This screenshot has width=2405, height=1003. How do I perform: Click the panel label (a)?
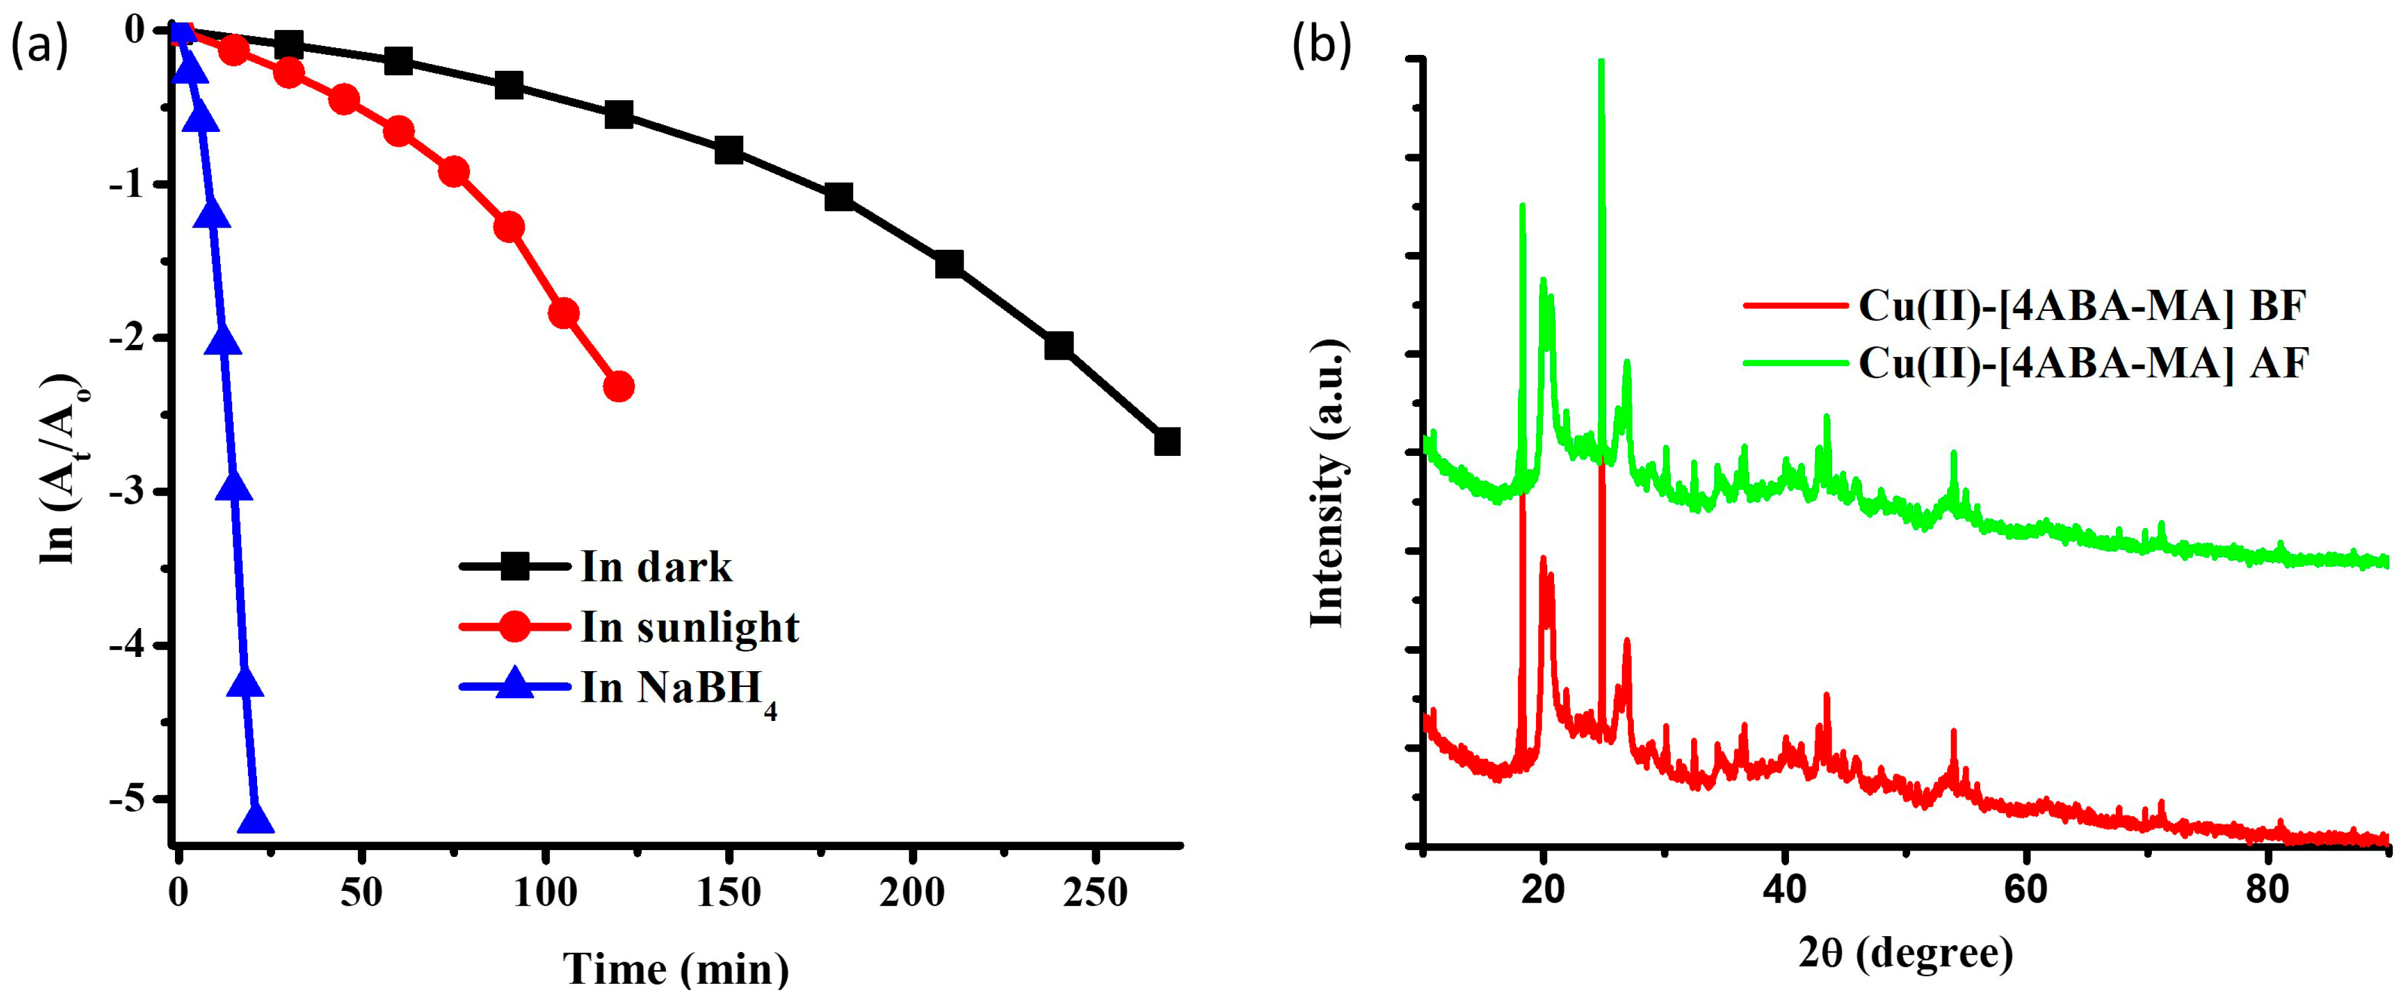pos(39,46)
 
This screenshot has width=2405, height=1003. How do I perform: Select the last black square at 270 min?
pos(1167,442)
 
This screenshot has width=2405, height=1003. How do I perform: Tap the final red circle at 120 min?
pos(618,386)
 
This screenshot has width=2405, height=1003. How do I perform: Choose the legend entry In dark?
pos(656,567)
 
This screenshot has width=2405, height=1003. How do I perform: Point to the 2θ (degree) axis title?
pos(1905,954)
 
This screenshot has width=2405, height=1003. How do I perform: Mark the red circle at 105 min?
pos(563,313)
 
